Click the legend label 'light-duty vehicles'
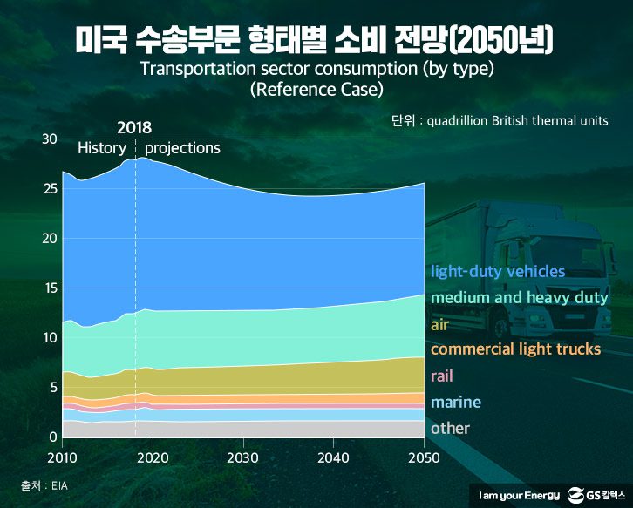[498, 272]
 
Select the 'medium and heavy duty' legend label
[519, 298]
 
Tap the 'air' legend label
[439, 325]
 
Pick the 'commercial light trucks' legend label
[515, 349]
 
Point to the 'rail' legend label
[442, 376]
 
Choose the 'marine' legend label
[454, 402]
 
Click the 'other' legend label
[450, 428]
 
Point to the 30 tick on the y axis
[49, 139]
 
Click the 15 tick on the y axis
[49, 288]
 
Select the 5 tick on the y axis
[52, 388]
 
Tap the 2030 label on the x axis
[242, 457]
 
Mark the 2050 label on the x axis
[423, 457]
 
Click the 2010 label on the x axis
[62, 457]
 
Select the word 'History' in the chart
[102, 148]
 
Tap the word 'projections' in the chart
[182, 148]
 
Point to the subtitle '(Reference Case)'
[316, 89]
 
